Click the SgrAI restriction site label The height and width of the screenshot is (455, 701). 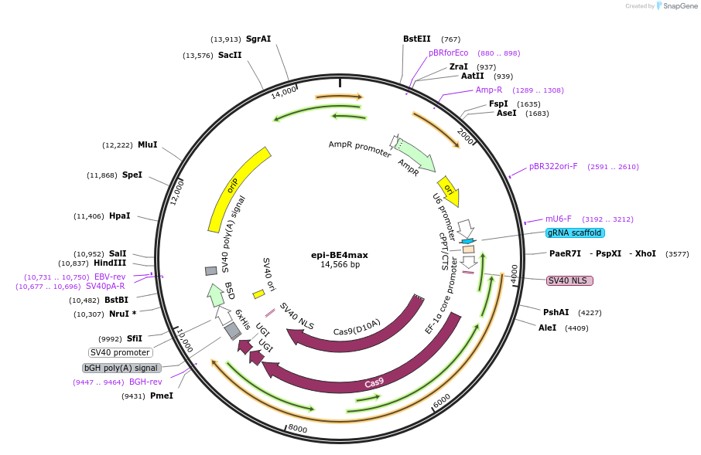click(258, 39)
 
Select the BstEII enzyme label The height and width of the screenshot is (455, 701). click(415, 39)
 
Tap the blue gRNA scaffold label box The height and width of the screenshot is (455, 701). click(575, 233)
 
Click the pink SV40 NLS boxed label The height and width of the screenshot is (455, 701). click(569, 280)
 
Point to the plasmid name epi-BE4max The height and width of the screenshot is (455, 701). click(340, 253)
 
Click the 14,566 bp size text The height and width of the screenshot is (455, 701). click(340, 264)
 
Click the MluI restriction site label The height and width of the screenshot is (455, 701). click(147, 144)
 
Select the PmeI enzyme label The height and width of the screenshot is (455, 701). click(161, 396)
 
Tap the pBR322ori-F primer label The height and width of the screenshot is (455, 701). click(553, 166)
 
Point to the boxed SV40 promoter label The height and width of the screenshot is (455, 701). click(120, 352)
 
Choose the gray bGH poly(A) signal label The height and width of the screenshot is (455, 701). click(121, 368)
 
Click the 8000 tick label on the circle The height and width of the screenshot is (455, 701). click(298, 429)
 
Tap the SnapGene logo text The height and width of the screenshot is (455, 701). click(677, 6)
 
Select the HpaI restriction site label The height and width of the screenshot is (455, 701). click(119, 216)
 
